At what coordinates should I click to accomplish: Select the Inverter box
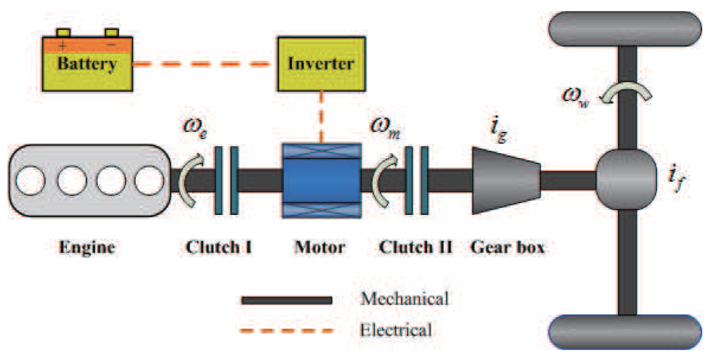point(320,64)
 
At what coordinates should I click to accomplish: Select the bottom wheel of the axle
point(626,332)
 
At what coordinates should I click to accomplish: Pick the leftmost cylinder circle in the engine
point(31,182)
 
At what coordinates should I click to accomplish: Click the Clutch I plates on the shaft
point(227,180)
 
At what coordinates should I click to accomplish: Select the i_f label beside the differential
point(675,182)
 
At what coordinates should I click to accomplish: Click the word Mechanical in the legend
point(405,299)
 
